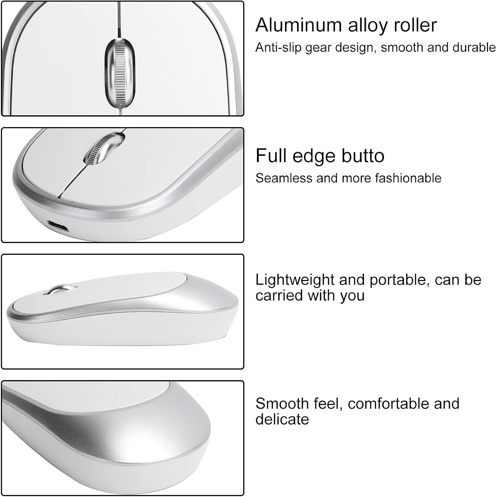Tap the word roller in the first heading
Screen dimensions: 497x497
(415, 25)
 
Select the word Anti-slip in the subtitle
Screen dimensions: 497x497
(279, 48)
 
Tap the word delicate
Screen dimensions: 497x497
(282, 419)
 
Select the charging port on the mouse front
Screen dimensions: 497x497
(58, 226)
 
